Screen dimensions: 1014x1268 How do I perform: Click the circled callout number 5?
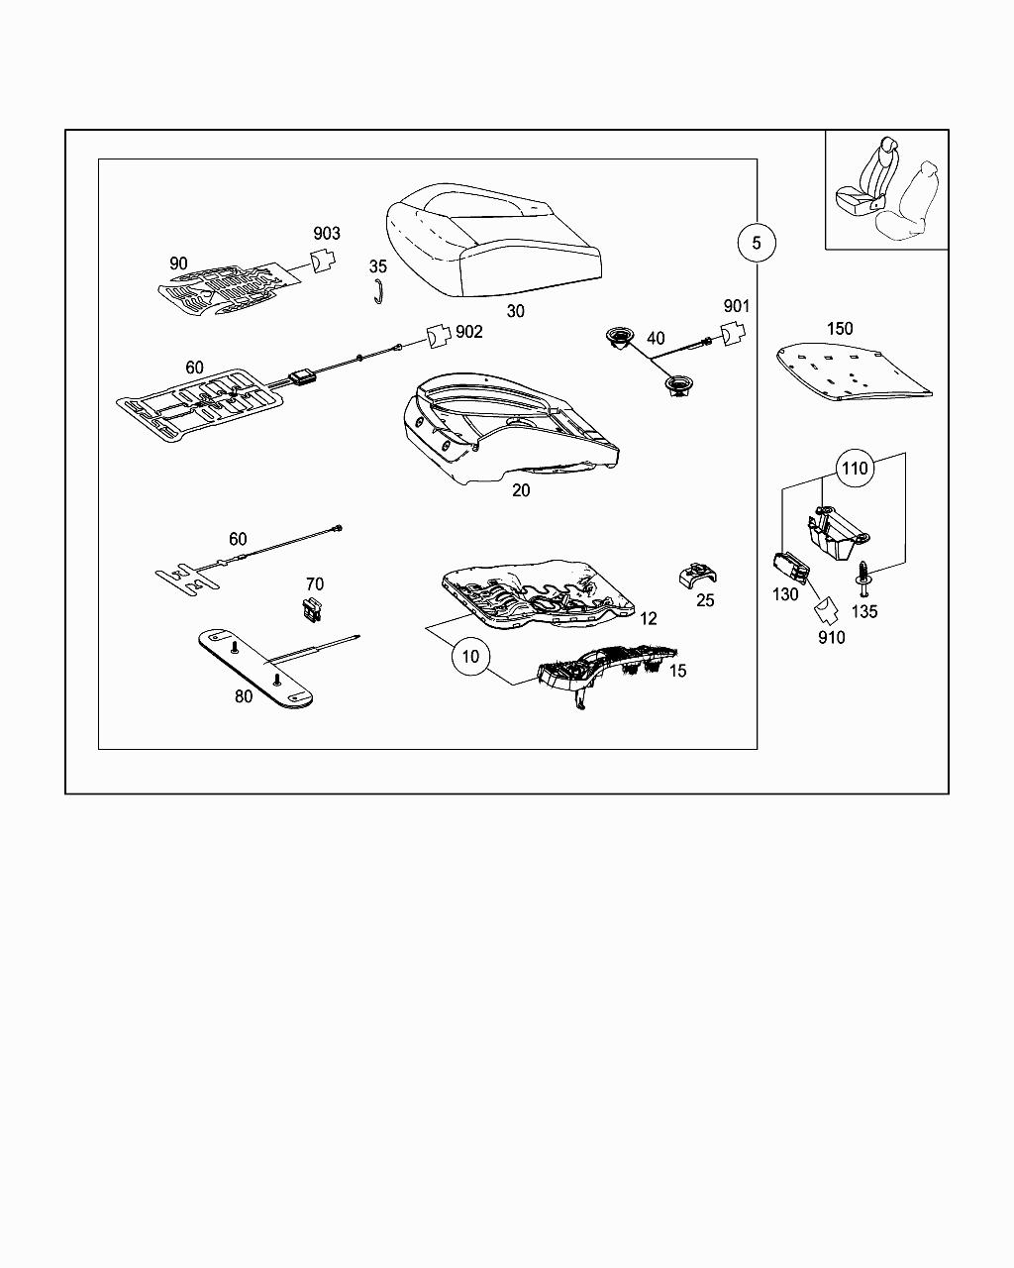click(757, 242)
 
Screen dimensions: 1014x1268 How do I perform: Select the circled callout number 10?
click(470, 656)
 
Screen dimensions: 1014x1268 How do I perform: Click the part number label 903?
click(327, 234)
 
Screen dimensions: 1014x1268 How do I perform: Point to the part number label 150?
click(839, 328)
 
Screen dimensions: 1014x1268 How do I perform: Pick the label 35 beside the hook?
click(378, 266)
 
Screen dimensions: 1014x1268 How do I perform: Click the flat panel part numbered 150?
click(852, 371)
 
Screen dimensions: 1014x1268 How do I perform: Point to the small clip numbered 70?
click(313, 610)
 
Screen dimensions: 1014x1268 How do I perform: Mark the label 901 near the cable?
click(737, 307)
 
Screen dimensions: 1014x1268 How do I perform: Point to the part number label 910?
click(832, 638)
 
